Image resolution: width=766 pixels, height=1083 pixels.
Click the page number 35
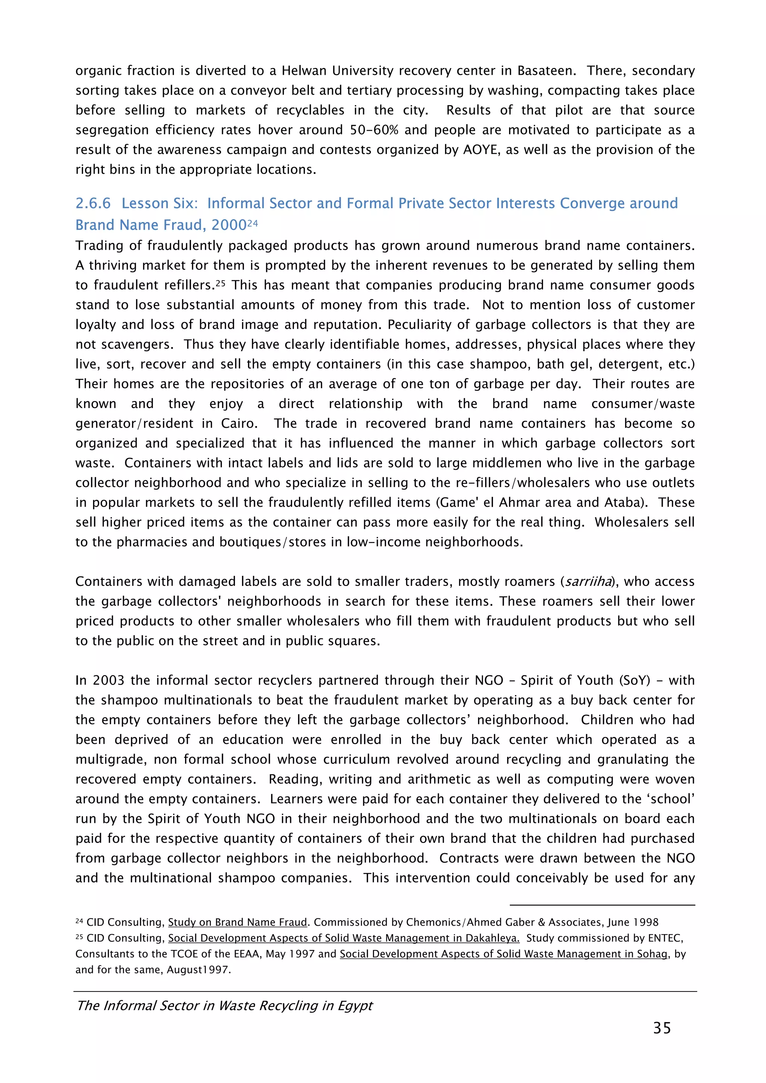tap(662, 1027)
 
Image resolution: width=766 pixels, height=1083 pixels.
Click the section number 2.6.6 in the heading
tap(93, 203)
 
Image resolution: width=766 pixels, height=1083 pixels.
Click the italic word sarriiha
tap(588, 581)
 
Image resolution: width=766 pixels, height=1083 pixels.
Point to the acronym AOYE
tap(481, 150)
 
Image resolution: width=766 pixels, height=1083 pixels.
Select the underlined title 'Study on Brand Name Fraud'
tap(238, 922)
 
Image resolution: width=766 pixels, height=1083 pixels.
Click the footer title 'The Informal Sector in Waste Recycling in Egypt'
tap(225, 1006)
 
